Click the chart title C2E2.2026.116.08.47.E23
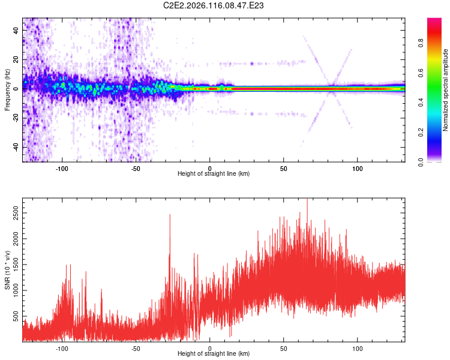pos(214,6)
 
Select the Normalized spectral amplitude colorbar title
pos(446,90)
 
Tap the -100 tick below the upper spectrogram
pos(62,168)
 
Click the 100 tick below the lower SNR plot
pos(358,348)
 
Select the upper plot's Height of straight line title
pos(214,174)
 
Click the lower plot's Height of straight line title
pos(214,354)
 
